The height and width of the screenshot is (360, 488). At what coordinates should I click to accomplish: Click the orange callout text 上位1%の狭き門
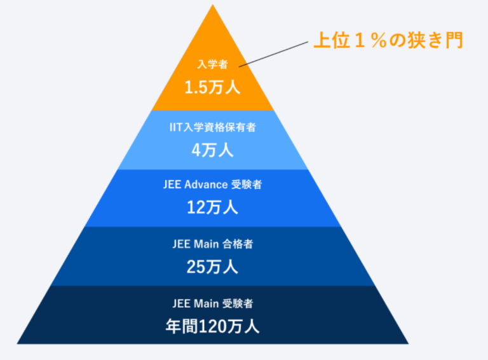pos(388,40)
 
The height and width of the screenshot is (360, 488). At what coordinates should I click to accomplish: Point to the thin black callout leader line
pos(274,54)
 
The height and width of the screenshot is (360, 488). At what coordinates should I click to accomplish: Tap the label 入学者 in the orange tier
pos(213,64)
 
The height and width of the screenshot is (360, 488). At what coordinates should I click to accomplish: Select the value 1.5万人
pos(213,87)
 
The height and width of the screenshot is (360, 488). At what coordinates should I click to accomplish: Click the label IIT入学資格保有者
pos(213,127)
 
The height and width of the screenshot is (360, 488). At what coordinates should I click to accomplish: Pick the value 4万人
pos(213,150)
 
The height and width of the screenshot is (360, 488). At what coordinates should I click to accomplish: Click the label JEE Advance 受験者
pos(213,184)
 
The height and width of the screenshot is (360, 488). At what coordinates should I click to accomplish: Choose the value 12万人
pos(213,207)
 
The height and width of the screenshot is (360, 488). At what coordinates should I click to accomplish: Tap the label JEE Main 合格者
pos(213,244)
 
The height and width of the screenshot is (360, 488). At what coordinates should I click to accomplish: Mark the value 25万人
pos(213,267)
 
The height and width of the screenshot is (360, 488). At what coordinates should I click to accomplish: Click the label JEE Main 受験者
pos(213,303)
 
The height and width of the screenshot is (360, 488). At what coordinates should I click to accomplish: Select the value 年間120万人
pos(213,326)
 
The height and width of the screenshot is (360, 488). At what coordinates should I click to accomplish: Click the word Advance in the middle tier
pos(206,184)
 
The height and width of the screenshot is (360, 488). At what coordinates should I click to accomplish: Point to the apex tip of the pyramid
pos(213,4)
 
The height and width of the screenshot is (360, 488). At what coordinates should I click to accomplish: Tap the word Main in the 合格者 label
pos(207,244)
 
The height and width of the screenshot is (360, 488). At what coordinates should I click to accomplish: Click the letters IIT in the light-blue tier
pos(176,127)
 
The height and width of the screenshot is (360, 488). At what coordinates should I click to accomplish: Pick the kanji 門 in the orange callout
pos(454,40)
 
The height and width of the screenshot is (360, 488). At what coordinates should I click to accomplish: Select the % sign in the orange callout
pos(379,41)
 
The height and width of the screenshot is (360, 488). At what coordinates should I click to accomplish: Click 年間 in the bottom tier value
pos(182,326)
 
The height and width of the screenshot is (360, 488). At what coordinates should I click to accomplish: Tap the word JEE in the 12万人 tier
pos(172,184)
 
